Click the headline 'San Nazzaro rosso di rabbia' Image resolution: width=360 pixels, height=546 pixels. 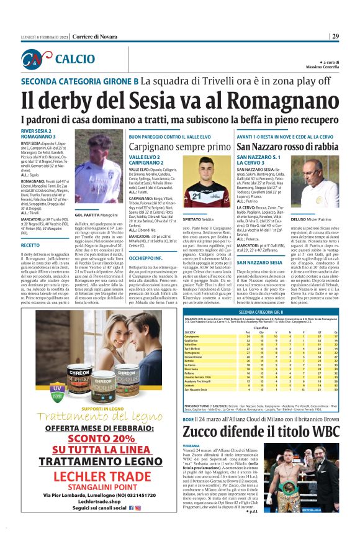click(287, 147)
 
